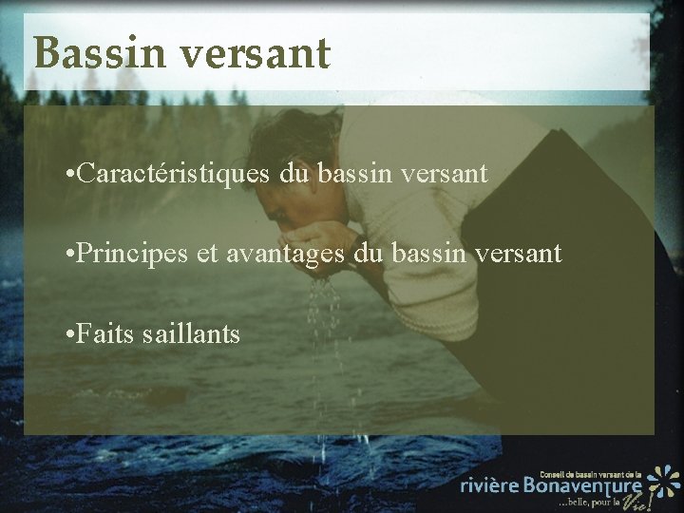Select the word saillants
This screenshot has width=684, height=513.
tap(199, 334)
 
